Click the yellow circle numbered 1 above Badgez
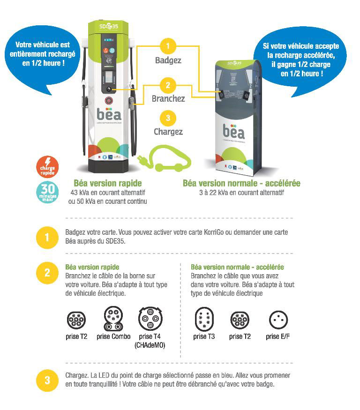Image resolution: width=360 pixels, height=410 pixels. [168, 46]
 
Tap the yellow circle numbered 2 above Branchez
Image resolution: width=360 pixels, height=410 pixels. [168, 85]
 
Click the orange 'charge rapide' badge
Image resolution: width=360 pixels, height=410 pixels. [47, 167]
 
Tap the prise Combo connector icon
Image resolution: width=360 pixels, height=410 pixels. [113, 319]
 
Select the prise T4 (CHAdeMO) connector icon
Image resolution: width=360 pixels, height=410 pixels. [150, 319]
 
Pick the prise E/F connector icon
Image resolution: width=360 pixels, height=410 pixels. [277, 320]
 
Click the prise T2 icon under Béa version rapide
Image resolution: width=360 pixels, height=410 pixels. [76, 320]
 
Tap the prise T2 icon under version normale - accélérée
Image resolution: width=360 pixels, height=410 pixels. [240, 320]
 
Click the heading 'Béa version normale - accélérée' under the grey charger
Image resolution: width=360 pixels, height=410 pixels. [241, 183]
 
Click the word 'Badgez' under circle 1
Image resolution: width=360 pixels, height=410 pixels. [168, 60]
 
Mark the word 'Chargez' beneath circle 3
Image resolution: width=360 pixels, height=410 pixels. [168, 132]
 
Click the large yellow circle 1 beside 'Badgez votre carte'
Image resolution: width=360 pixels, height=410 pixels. [47, 238]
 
